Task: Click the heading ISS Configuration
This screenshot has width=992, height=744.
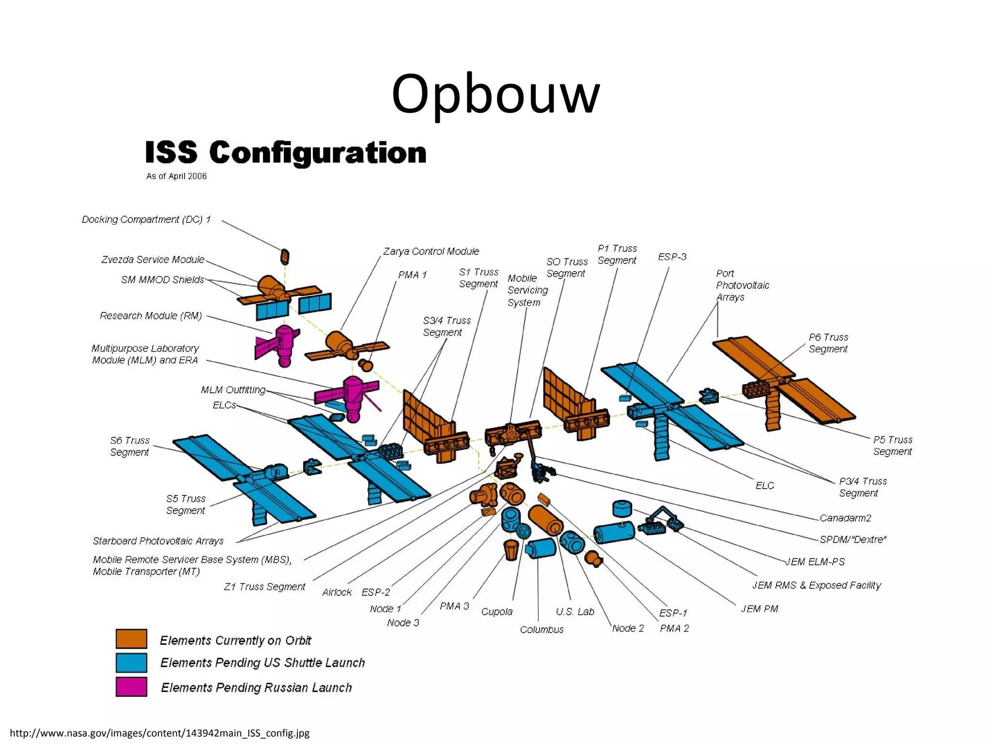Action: (x=286, y=153)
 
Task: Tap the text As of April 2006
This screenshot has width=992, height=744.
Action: (x=176, y=176)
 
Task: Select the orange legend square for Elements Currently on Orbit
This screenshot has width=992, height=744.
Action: (x=131, y=638)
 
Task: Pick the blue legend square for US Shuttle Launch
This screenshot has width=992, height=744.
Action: (x=131, y=663)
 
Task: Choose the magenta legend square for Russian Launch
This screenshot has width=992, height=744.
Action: (x=131, y=687)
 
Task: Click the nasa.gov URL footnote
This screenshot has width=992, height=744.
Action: (x=160, y=733)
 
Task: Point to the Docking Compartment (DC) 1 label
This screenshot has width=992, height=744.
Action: (x=146, y=219)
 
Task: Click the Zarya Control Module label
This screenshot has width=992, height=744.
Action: (x=431, y=251)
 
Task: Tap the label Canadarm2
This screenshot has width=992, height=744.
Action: (x=845, y=518)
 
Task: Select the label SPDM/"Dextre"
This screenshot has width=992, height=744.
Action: (x=852, y=539)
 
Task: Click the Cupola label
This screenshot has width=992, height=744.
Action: (x=496, y=611)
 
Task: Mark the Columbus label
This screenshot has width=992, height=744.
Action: (x=542, y=629)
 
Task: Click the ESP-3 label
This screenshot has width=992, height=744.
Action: (x=672, y=257)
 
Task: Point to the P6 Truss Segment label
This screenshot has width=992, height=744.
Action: (x=828, y=343)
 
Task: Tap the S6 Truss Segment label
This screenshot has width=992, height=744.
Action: (x=130, y=446)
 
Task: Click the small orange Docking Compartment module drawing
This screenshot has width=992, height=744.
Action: (x=285, y=257)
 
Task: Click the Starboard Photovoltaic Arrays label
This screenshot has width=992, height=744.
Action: (x=158, y=541)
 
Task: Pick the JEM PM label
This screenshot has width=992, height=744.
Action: (x=759, y=608)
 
